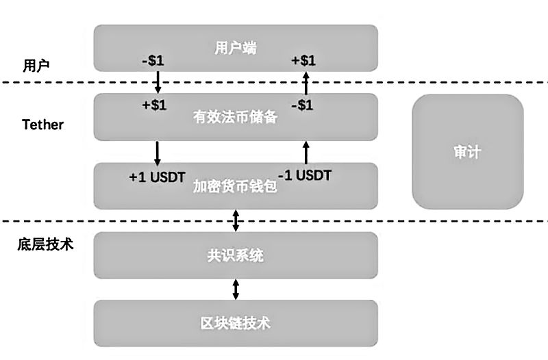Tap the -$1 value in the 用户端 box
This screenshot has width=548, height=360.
point(152,61)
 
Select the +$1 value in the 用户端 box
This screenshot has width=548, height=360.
point(303,61)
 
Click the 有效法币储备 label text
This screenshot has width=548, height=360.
point(235,118)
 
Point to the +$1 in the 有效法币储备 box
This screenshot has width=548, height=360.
point(154,105)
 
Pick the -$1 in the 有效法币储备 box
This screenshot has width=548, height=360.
point(301,105)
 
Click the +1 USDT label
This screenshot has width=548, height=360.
point(157,176)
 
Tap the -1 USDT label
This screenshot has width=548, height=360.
point(305,176)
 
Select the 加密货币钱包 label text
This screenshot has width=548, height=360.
point(235,186)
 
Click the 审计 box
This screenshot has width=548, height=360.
point(467,152)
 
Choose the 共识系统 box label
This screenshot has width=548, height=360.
point(235,257)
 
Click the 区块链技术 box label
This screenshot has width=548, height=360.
point(235,322)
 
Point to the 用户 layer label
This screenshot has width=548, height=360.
point(36,66)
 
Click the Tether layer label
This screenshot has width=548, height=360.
point(42,125)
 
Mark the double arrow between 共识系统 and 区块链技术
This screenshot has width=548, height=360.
point(236,289)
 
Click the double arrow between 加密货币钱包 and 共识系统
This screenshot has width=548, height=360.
point(236,220)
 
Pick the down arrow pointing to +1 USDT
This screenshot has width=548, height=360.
point(158,152)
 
